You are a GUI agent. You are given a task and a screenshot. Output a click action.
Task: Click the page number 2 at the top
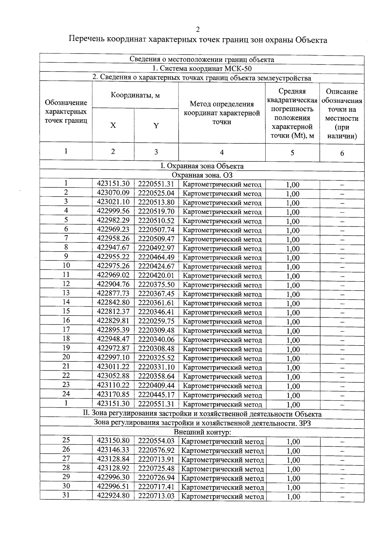(x=198, y=30)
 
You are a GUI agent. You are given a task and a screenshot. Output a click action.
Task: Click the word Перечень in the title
(x=87, y=40)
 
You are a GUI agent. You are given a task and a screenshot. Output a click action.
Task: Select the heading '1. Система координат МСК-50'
(x=202, y=69)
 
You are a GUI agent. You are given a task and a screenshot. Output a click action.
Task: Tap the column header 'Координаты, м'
(x=135, y=95)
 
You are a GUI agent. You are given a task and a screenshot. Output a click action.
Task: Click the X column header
(x=113, y=125)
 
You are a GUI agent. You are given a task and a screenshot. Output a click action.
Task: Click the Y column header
(x=156, y=126)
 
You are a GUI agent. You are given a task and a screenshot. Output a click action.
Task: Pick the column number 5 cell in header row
(x=292, y=153)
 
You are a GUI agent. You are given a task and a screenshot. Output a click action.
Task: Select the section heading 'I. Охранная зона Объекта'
(x=202, y=166)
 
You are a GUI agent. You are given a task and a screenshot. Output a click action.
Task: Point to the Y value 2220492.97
(x=156, y=248)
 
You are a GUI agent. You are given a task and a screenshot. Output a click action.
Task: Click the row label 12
(x=66, y=284)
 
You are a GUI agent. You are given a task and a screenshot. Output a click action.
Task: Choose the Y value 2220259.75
(x=156, y=321)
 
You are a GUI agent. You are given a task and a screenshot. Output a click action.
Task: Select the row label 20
(x=66, y=357)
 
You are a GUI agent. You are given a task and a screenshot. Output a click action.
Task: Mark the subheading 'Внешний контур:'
(x=202, y=432)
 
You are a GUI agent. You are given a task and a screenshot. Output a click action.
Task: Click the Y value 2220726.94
(x=156, y=478)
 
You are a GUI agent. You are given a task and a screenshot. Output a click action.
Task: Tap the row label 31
(x=66, y=495)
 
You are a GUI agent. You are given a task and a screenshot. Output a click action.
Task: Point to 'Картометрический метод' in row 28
(x=222, y=469)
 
